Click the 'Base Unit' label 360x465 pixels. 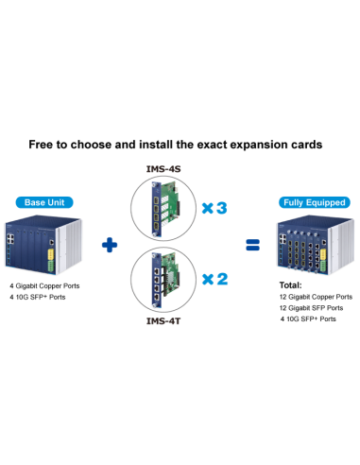[45, 202]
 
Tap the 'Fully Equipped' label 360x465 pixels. [315, 202]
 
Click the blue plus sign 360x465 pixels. [111, 247]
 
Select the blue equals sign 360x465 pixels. [252, 246]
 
